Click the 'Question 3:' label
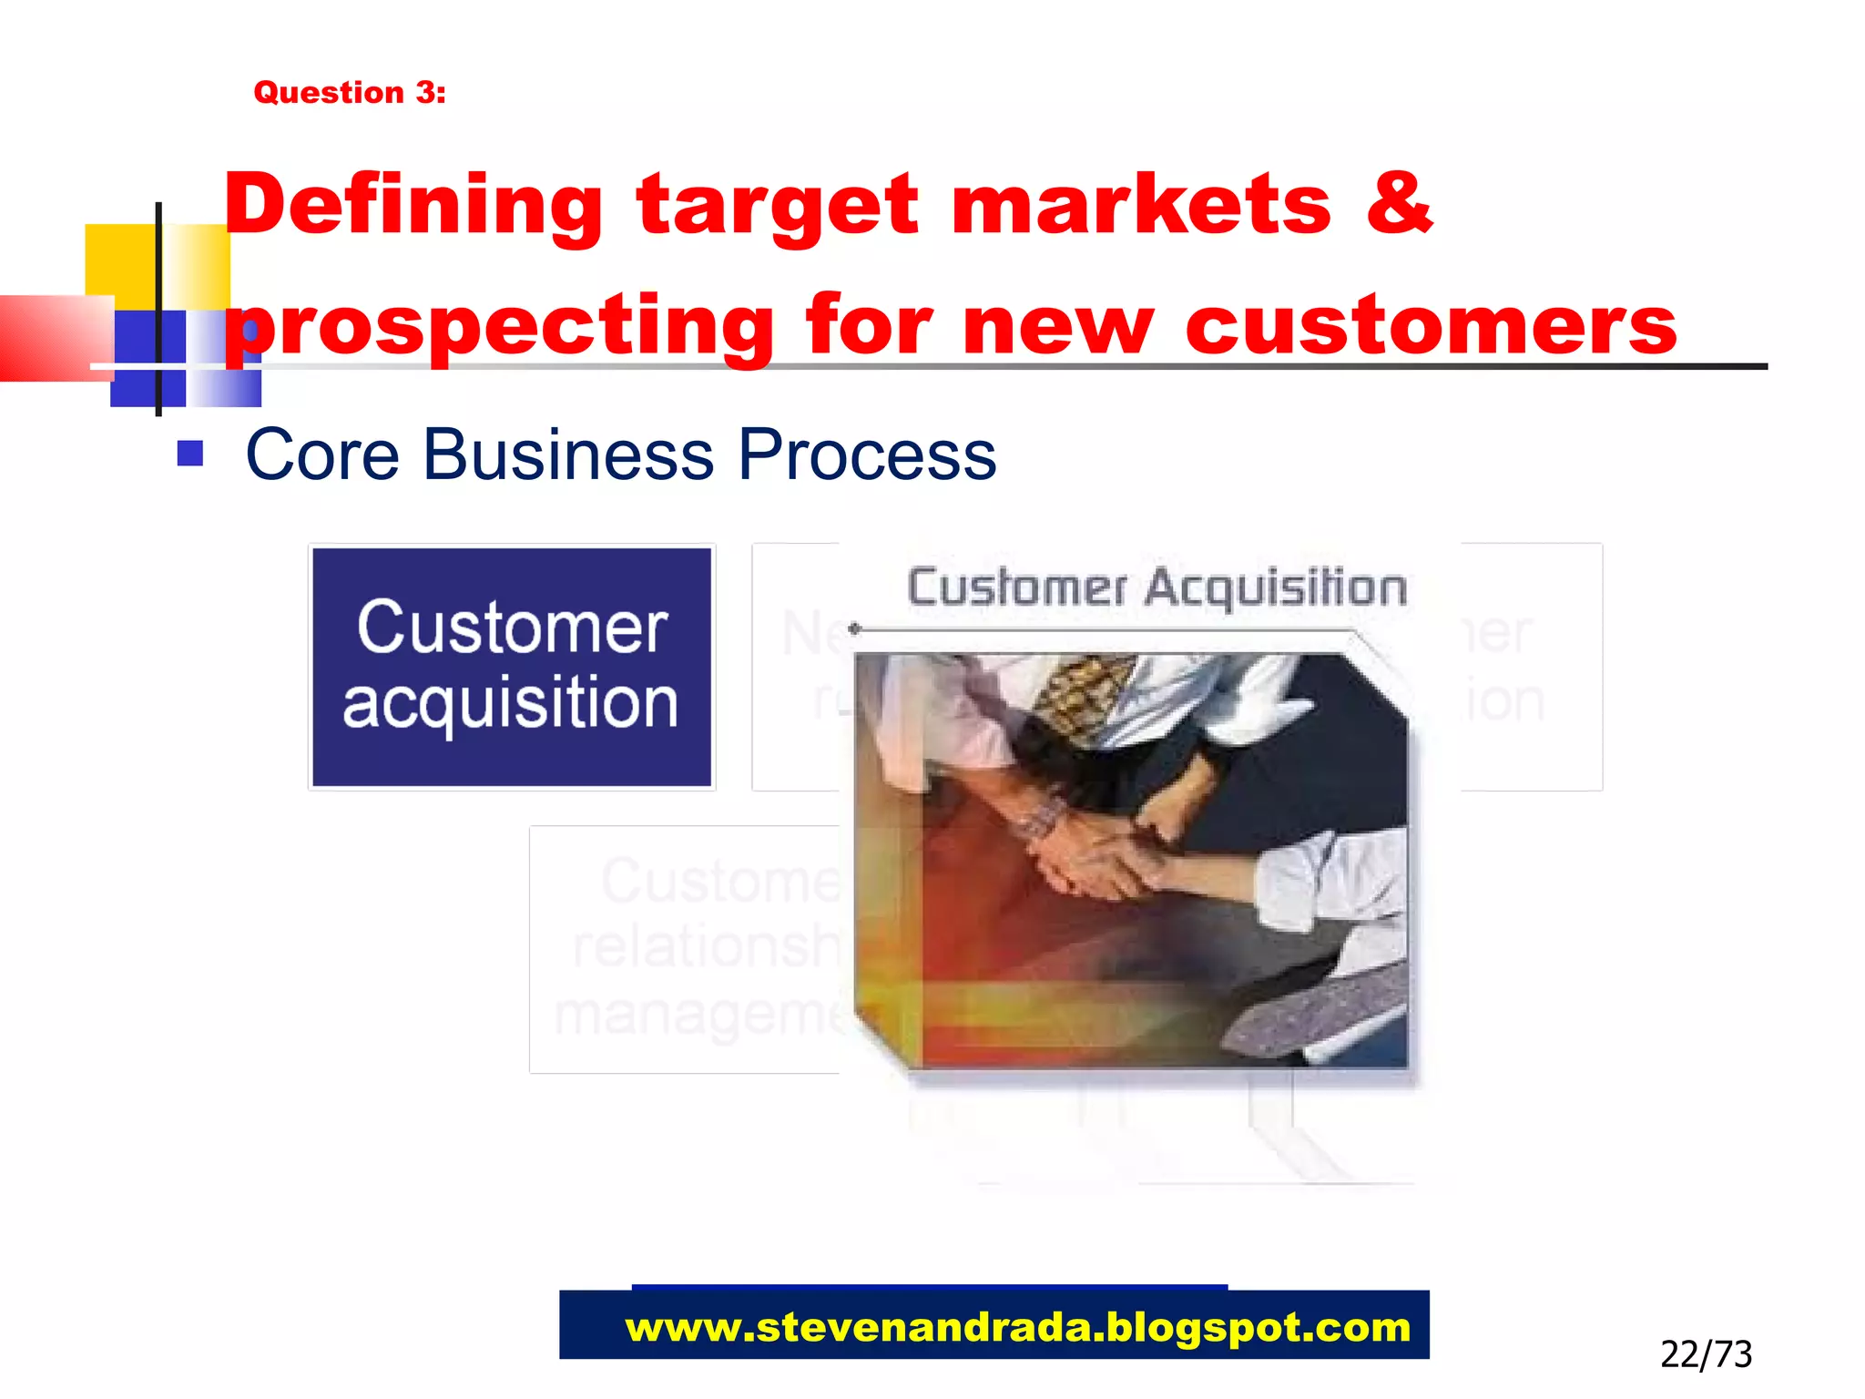350,93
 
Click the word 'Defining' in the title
413,207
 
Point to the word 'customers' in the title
1430,326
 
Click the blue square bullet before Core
190,453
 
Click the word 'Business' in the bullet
568,455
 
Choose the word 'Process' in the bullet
866,455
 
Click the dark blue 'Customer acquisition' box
511,666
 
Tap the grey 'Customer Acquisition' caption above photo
1157,587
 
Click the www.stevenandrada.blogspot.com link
1017,1328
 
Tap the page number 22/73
1706,1354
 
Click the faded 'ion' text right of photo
1503,701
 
